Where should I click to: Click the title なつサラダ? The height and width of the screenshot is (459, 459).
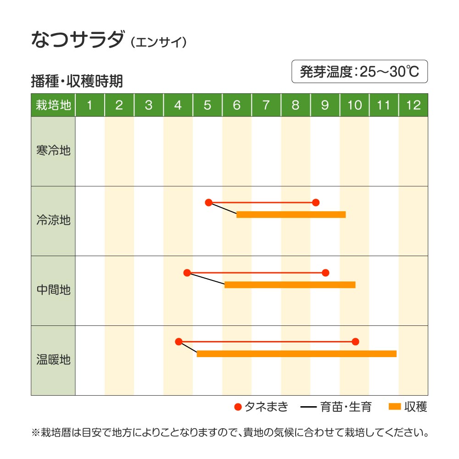click(x=77, y=40)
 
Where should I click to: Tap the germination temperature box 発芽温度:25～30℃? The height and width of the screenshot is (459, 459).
click(x=359, y=72)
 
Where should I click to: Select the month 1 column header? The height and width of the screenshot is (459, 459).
click(x=90, y=105)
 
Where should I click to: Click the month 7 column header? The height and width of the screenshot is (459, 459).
click(x=266, y=105)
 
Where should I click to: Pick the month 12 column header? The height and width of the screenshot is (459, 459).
click(x=413, y=105)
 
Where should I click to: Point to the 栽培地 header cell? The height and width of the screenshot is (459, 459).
click(x=53, y=105)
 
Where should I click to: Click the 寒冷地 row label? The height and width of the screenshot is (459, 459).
click(x=53, y=151)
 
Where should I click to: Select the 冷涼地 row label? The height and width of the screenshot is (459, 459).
click(x=53, y=220)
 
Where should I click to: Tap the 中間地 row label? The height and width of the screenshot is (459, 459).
click(x=53, y=290)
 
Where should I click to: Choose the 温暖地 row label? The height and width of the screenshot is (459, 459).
click(x=53, y=360)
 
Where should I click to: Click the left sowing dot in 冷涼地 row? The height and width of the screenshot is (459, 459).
click(x=209, y=202)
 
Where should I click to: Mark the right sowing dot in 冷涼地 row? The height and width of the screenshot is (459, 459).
click(x=315, y=202)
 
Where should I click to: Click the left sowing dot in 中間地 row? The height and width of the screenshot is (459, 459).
click(x=187, y=273)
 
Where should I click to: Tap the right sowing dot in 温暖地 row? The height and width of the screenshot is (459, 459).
click(x=355, y=341)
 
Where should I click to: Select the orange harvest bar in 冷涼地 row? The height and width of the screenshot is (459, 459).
click(x=291, y=214)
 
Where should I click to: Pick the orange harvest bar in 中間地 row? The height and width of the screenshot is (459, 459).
click(x=290, y=285)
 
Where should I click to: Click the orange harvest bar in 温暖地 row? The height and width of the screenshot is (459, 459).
click(x=297, y=354)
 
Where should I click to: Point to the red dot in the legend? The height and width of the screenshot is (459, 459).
click(x=238, y=407)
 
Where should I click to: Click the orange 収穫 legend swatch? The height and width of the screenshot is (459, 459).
click(x=395, y=407)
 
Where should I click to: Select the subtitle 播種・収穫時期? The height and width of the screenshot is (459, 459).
click(x=77, y=81)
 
